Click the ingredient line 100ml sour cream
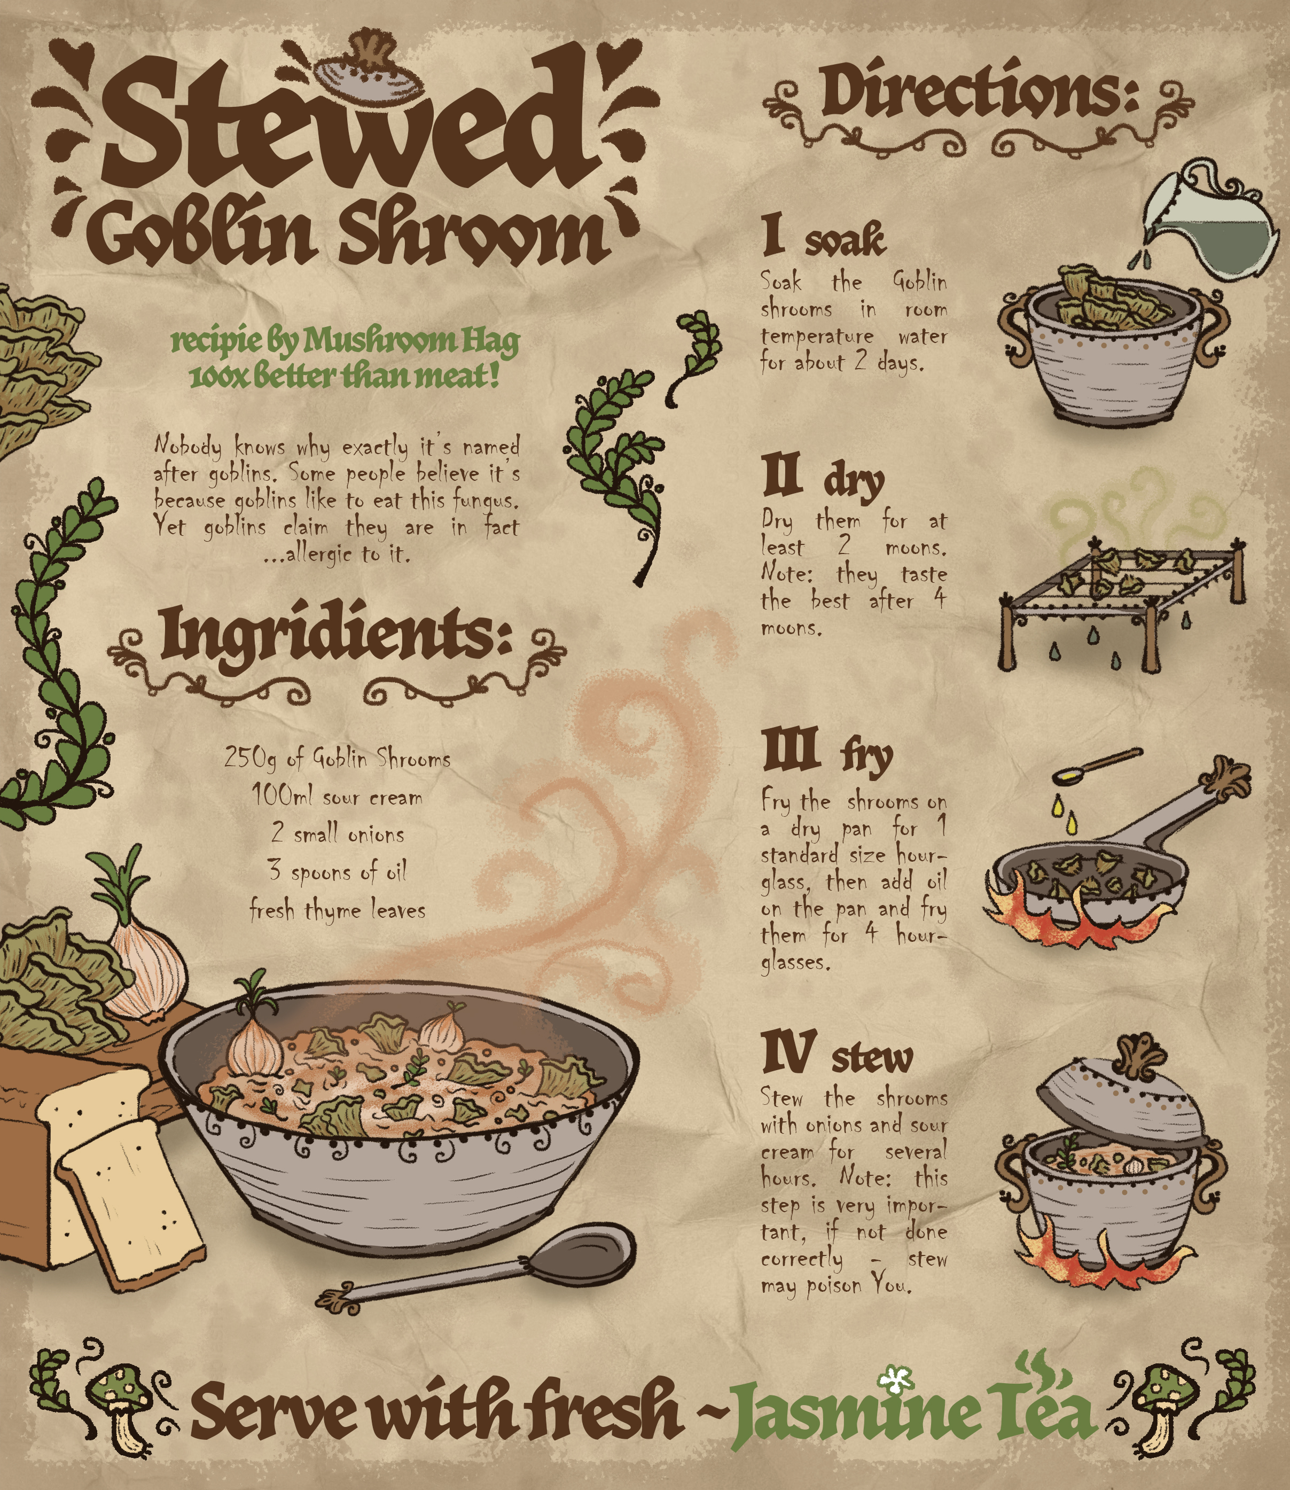tap(337, 797)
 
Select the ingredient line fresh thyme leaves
tap(337, 910)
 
